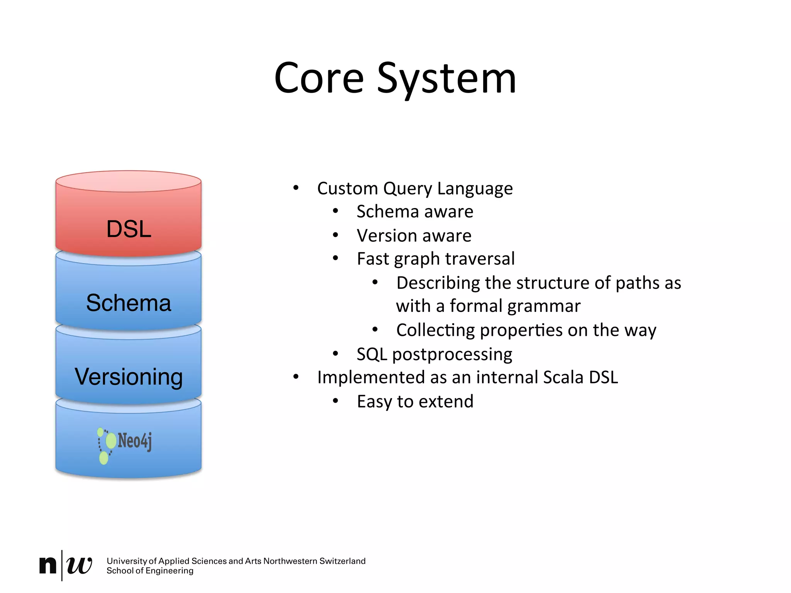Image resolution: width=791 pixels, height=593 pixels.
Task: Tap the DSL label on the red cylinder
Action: tap(129, 229)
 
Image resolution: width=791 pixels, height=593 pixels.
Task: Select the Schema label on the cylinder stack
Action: tap(129, 303)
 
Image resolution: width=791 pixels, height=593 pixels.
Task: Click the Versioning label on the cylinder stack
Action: tap(129, 377)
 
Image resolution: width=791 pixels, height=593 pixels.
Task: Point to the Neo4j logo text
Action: tap(134, 441)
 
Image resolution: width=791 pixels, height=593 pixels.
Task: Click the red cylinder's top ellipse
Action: tap(129, 181)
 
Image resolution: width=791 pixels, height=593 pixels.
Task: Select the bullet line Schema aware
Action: tap(414, 212)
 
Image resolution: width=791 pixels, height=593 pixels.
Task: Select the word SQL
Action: tap(372, 354)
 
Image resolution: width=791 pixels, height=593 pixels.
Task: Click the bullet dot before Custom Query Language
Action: tap(296, 188)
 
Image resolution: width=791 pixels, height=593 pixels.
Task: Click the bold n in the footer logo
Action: tap(48, 565)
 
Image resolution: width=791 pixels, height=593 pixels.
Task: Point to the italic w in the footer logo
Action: tap(79, 566)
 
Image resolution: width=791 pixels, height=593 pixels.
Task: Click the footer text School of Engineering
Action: tap(150, 571)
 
